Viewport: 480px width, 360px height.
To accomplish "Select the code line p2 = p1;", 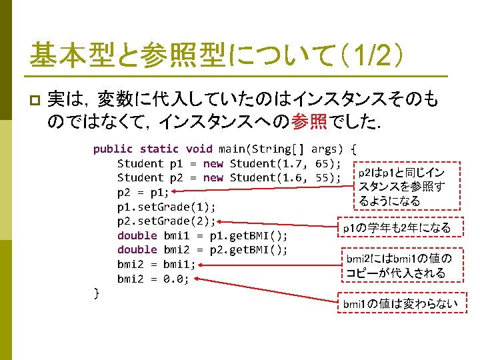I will pos(143,192).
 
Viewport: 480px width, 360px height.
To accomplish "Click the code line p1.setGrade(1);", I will pos(166,207).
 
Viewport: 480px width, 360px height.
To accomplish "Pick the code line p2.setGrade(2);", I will pos(166,221).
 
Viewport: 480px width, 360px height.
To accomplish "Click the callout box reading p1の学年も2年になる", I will pos(396,228).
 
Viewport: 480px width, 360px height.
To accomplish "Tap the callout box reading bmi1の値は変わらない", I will pos(399,304).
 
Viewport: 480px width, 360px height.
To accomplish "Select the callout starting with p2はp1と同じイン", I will pos(401,187).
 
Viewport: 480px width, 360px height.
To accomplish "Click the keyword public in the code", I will pos(113,149).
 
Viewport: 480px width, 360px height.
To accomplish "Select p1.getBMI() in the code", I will pos(248,236).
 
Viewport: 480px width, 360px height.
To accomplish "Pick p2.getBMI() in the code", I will pos(248,251).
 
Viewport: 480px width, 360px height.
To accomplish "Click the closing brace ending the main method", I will pos(97,292).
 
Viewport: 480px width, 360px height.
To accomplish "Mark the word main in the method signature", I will pos(231,149).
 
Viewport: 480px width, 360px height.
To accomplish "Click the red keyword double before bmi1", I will pos(137,236).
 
